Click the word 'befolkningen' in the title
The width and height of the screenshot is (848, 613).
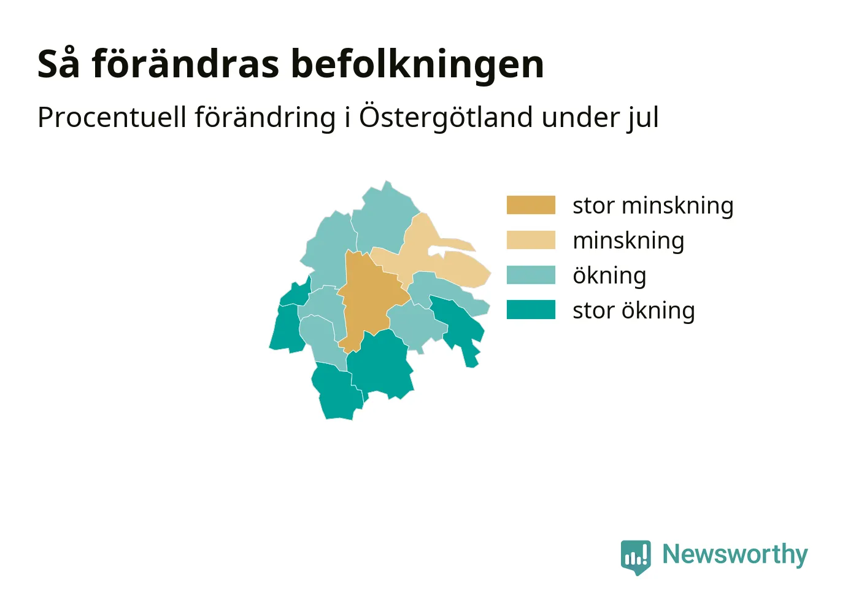[x=418, y=64]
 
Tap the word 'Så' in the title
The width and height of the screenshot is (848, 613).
[x=59, y=64]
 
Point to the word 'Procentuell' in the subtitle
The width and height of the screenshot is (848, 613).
[x=112, y=117]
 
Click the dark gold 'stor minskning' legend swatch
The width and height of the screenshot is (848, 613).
[x=531, y=205]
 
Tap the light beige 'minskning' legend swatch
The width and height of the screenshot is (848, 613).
[x=531, y=240]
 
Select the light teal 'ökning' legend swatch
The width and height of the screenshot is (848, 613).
[x=531, y=275]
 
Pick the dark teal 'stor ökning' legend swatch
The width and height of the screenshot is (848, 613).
[x=531, y=310]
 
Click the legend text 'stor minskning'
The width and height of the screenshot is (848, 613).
[x=653, y=206]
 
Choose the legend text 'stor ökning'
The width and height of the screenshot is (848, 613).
[x=634, y=310]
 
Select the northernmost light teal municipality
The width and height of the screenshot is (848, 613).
[x=384, y=220]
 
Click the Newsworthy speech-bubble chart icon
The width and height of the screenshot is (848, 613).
[x=636, y=557]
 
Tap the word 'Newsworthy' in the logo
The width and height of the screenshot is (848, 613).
[x=735, y=554]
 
